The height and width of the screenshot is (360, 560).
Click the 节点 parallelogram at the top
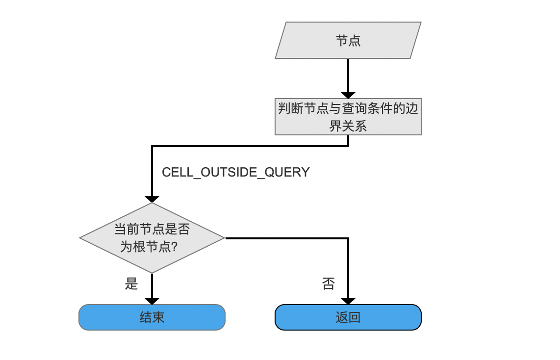click(x=348, y=40)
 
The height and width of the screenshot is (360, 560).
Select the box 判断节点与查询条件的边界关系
click(x=348, y=117)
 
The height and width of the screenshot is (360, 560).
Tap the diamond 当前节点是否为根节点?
click(x=152, y=238)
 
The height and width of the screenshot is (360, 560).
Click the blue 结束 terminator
click(x=152, y=317)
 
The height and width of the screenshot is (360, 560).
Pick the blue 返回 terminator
click(x=348, y=317)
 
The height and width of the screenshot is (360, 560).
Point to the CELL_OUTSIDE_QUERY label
click(x=236, y=173)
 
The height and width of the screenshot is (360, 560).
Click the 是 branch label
click(x=131, y=283)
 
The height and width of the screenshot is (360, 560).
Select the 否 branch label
click(x=329, y=283)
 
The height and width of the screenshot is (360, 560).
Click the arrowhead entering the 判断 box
click(x=348, y=95)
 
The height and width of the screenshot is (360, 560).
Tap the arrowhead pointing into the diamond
click(x=152, y=199)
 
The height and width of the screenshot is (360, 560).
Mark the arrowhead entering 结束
click(x=152, y=302)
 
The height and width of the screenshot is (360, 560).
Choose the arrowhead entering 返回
click(x=348, y=302)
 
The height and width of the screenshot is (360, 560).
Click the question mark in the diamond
click(x=174, y=246)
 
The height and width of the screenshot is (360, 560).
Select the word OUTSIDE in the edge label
click(x=229, y=173)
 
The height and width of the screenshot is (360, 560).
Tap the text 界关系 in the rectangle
click(x=348, y=126)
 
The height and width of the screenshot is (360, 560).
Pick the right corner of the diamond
click(x=225, y=238)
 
